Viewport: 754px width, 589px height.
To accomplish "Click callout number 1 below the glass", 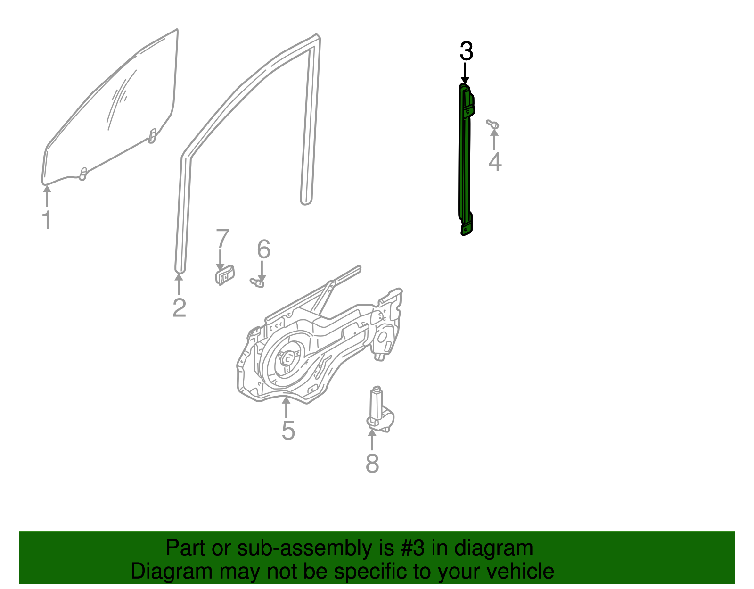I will (47, 220).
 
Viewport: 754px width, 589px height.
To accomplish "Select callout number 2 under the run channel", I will (179, 307).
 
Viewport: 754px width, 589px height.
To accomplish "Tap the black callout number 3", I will (466, 51).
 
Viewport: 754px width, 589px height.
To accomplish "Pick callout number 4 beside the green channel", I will (494, 162).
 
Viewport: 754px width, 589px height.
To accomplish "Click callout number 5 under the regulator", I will (288, 431).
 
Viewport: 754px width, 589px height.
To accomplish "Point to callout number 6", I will (263, 249).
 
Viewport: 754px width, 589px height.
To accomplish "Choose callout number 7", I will (222, 239).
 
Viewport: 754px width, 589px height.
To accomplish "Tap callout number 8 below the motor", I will (372, 463).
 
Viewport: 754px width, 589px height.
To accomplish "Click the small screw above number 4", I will (493, 124).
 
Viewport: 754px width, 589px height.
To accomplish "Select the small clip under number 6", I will (257, 282).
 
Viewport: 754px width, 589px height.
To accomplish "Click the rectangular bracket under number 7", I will (225, 275).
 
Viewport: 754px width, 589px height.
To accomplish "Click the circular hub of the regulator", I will (287, 359).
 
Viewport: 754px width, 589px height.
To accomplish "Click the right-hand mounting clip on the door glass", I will (152, 136).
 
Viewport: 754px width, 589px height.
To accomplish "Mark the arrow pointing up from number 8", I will (372, 439).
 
